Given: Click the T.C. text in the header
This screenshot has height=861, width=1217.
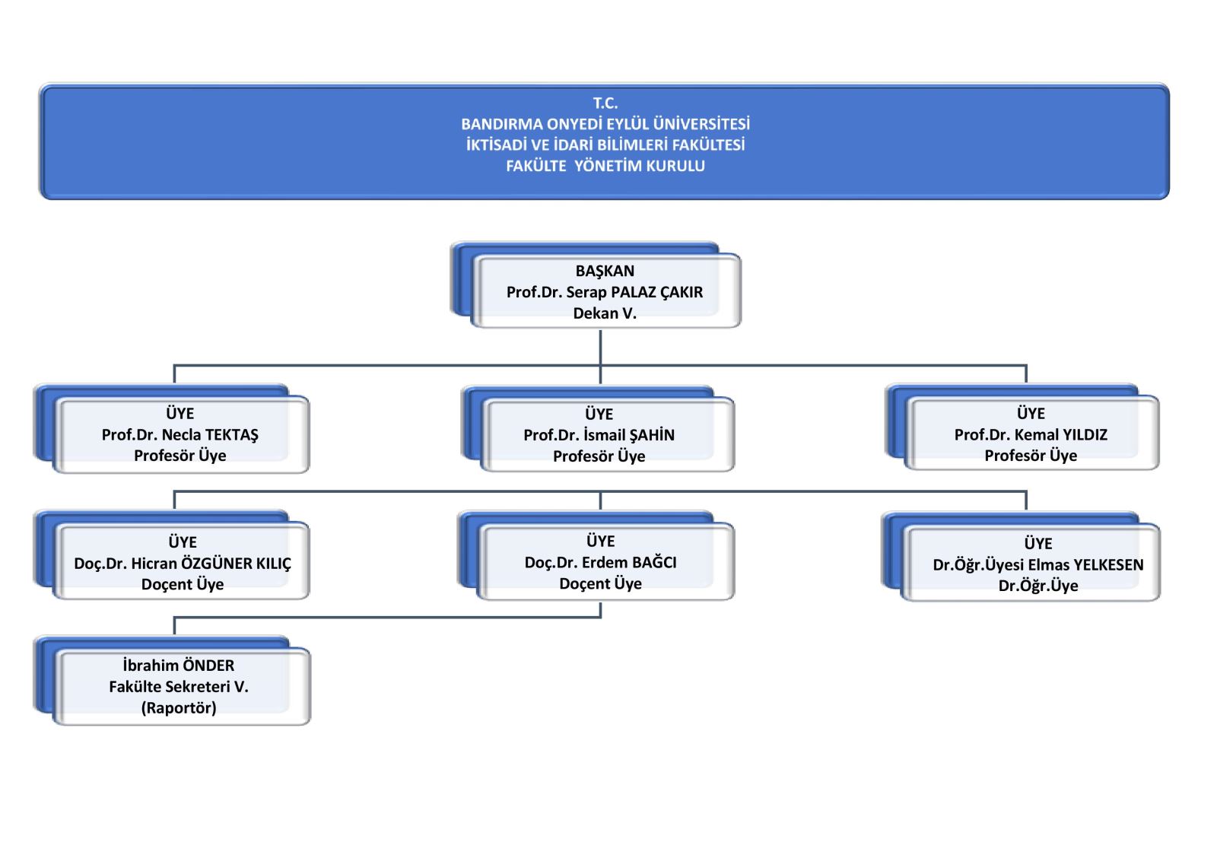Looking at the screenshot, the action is point(605,103).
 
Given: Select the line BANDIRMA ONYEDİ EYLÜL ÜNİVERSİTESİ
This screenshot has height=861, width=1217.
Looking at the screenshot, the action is point(605,124).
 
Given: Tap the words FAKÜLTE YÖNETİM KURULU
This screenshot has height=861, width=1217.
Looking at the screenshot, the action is point(605,166).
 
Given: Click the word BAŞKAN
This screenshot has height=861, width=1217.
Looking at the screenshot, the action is point(605,271).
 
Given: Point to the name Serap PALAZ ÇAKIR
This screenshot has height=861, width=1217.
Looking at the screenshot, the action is point(634,292).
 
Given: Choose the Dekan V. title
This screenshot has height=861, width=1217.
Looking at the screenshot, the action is point(605,313).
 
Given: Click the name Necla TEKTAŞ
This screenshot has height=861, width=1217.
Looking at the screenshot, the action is point(210,434).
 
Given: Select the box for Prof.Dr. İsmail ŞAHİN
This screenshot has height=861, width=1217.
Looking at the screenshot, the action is point(608,434).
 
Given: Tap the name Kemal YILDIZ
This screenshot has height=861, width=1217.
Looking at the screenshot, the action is point(1061,434).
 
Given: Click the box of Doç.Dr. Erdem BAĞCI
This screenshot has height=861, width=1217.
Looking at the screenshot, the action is point(605,562).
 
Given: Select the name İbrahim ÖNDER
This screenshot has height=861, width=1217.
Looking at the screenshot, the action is point(178,666).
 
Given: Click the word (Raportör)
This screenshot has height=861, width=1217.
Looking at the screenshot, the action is point(178,708).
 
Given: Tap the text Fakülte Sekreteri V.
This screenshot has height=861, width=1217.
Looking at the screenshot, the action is point(178,687).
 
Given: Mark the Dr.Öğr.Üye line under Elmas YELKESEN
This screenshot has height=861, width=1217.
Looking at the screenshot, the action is point(1038,586).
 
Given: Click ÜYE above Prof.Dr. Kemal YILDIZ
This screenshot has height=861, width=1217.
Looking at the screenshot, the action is point(1031,414).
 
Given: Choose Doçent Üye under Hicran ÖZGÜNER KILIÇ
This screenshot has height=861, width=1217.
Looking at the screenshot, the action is point(182,584).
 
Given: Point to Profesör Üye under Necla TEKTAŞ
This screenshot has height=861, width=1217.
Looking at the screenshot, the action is point(180,455).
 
